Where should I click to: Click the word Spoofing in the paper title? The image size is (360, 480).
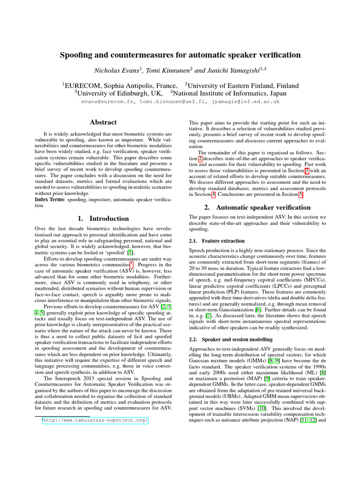pos(75,55)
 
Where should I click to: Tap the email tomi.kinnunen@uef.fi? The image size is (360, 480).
pos(173,101)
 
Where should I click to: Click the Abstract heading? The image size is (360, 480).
pos(103,122)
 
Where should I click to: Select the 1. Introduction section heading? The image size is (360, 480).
pos(103,218)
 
